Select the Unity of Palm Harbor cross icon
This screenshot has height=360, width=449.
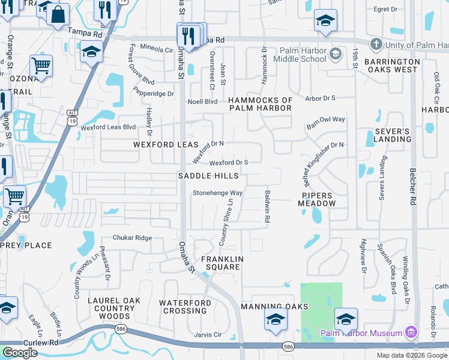(376, 44)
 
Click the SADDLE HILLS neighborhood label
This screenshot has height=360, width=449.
(208, 176)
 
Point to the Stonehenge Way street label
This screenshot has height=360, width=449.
(217, 193)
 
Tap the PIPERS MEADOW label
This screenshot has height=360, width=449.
(318, 200)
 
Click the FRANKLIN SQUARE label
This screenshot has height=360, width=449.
(221, 263)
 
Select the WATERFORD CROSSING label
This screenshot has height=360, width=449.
(185, 307)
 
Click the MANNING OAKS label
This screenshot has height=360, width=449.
(274, 307)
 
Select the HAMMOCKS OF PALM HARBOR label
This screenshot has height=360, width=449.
(261, 104)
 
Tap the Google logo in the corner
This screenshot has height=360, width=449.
(20, 353)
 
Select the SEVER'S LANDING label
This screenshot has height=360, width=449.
(393, 135)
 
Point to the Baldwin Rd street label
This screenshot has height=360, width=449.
(267, 206)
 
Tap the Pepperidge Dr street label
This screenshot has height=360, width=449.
(153, 94)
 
